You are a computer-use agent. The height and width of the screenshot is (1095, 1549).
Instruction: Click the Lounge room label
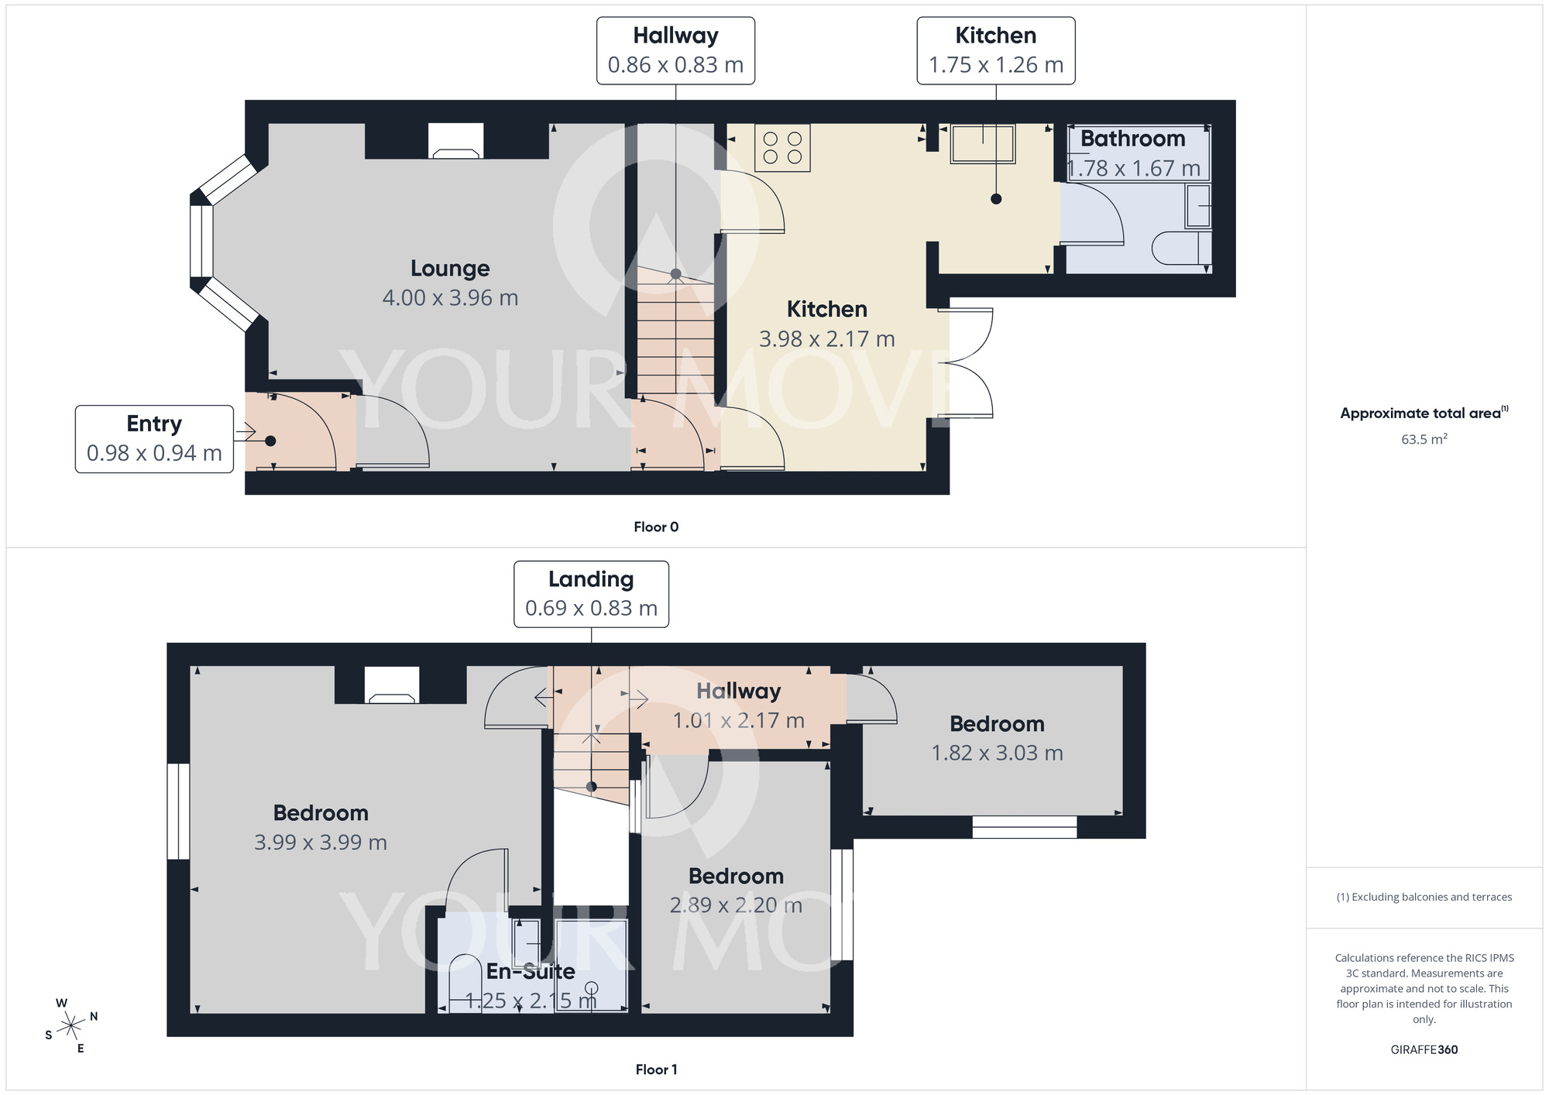pos(450,269)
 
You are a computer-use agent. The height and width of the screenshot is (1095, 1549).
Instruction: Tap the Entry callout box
pos(154,438)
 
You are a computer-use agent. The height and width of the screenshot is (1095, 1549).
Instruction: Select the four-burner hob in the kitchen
pos(782,148)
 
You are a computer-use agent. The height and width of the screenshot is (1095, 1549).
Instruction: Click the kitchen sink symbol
pos(983,144)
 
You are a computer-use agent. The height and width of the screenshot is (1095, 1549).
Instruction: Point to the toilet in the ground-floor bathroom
pos(1180,249)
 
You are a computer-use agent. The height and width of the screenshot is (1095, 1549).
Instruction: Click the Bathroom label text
pos(1132,139)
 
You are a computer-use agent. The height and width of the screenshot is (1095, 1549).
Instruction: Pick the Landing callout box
pos(591,594)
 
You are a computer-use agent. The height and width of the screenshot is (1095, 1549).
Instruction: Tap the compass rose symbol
pos(71,1026)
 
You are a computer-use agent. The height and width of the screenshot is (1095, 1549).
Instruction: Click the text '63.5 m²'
pos(1424,439)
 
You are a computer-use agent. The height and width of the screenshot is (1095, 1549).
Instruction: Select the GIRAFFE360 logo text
pos(1424,1049)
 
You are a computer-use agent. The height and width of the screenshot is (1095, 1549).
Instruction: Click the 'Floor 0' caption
pos(656,527)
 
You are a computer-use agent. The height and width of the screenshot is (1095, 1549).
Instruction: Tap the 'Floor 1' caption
pos(656,1069)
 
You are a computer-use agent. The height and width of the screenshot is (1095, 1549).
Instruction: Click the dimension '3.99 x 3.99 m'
pos(321,843)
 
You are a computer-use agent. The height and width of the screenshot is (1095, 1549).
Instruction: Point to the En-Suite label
pos(531,971)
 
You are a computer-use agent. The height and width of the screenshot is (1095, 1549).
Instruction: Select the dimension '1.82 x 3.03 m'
pos(997,753)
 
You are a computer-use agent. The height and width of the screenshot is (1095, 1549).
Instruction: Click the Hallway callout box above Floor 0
pos(675,50)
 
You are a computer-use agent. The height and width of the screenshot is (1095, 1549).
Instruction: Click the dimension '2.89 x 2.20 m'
pos(736,905)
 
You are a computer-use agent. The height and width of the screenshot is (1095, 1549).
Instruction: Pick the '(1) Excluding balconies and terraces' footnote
pos(1424,897)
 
